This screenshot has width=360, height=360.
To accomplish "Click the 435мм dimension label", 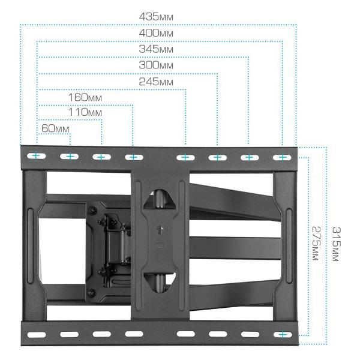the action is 156,17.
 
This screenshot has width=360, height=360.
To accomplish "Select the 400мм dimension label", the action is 156,33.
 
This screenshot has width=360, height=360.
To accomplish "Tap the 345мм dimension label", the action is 156,49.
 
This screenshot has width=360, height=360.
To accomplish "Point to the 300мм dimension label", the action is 156,65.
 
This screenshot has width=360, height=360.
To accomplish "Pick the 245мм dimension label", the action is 156,82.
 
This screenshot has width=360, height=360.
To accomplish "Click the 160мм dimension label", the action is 85,97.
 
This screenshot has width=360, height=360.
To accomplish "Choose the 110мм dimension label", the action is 85,112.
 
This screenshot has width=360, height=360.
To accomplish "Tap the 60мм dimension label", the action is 55,128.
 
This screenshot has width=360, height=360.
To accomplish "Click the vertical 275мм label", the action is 316,244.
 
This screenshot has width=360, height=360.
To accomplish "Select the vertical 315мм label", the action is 337,244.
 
